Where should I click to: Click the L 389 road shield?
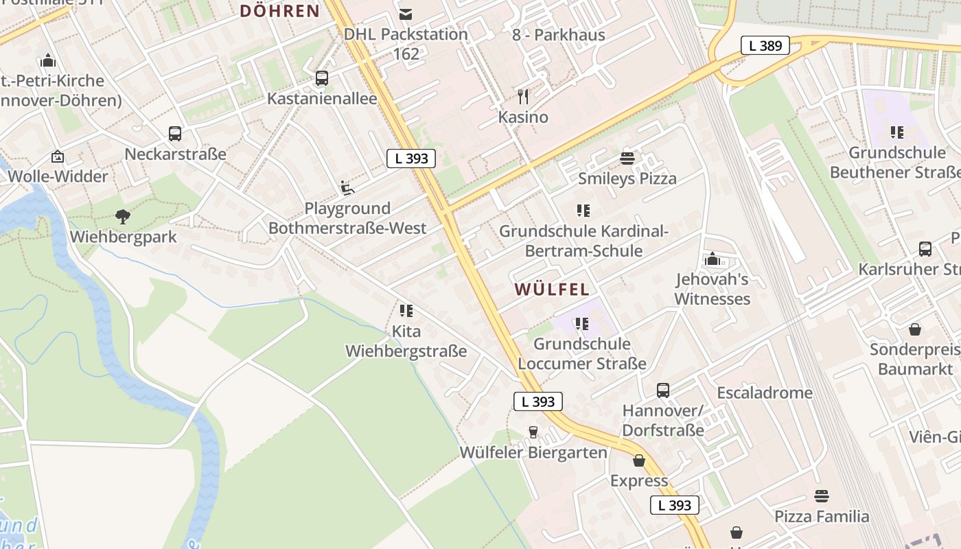click(x=765, y=46)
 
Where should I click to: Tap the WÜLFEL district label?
click(x=553, y=290)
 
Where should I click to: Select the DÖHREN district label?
click(x=280, y=11)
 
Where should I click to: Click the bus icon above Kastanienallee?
click(x=322, y=78)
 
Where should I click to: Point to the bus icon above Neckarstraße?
click(x=175, y=134)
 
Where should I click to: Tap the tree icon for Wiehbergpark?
click(x=123, y=217)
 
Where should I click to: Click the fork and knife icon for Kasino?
click(x=523, y=96)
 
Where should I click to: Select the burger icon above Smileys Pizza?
click(x=627, y=159)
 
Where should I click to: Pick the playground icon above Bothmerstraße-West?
click(x=347, y=187)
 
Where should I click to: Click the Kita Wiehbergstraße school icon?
click(x=406, y=311)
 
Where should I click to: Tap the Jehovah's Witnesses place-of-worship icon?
click(x=712, y=259)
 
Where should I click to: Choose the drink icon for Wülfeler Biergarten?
click(x=533, y=432)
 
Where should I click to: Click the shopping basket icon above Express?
click(x=639, y=460)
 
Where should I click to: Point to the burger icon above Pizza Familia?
click(x=822, y=496)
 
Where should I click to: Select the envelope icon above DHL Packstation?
click(x=406, y=14)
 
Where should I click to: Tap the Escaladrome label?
click(x=765, y=393)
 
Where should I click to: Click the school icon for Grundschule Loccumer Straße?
click(x=582, y=324)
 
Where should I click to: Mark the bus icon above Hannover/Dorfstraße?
click(x=663, y=390)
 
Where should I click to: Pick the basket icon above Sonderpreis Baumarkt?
click(x=915, y=329)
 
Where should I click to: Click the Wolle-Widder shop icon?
click(x=58, y=156)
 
